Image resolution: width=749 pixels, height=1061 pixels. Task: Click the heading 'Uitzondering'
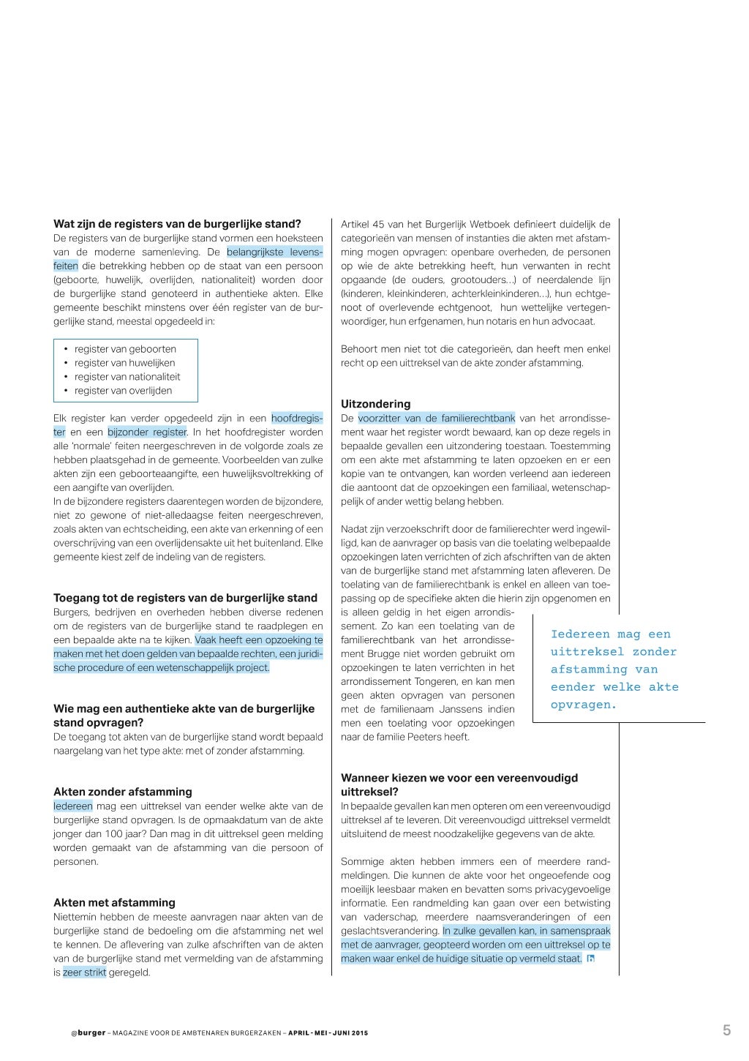click(375, 404)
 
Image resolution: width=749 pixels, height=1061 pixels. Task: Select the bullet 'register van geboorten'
click(125, 349)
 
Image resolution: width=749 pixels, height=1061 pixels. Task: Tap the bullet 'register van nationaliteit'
click(127, 377)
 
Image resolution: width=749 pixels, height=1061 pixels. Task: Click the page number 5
click(726, 1030)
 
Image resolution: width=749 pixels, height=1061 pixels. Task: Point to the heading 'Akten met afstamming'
click(114, 902)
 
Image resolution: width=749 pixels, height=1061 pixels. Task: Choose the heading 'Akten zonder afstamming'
click(122, 791)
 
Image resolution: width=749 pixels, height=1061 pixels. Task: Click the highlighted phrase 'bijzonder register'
click(147, 432)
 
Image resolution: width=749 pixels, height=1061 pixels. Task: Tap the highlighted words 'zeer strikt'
click(85, 972)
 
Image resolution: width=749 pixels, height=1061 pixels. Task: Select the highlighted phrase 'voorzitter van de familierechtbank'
click(437, 419)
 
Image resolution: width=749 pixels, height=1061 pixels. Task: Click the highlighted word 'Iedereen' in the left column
click(73, 806)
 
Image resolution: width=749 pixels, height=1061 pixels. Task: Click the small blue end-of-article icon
click(591, 959)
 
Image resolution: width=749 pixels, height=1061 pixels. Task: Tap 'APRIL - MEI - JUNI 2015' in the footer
click(328, 1033)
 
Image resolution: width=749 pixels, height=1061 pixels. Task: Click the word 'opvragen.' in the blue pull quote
click(584, 705)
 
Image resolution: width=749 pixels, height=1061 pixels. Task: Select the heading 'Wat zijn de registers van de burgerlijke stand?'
click(177, 224)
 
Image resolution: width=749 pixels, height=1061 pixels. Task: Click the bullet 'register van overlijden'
click(123, 391)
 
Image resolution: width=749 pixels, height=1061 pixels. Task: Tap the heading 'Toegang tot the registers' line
click(185, 598)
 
